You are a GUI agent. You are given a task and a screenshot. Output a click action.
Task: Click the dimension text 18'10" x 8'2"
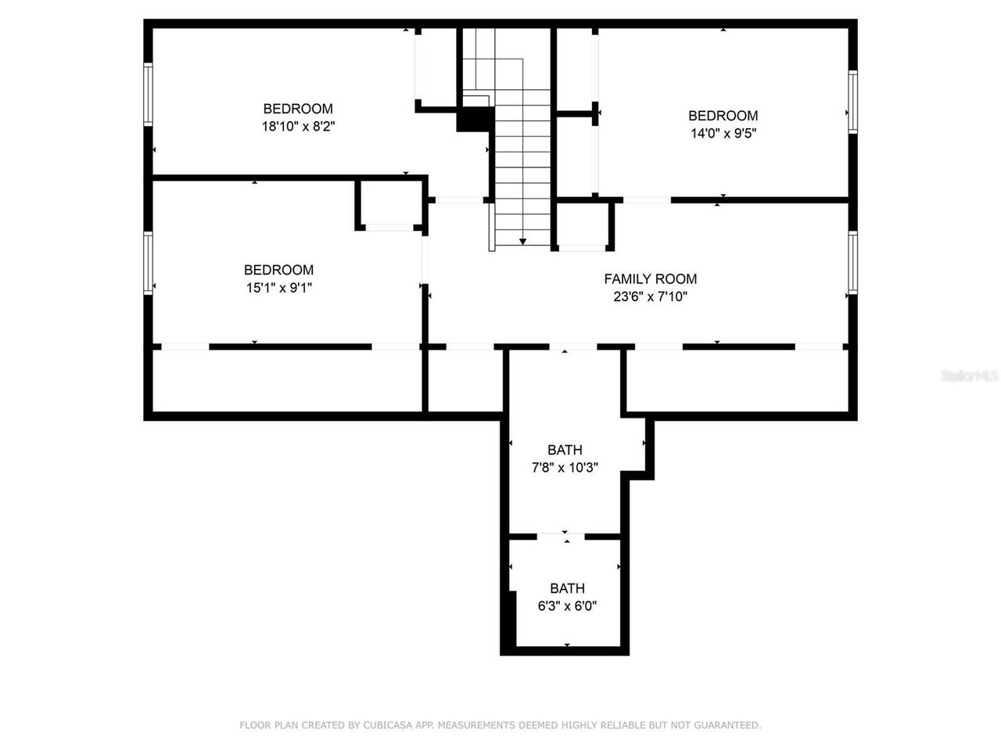[x=298, y=126]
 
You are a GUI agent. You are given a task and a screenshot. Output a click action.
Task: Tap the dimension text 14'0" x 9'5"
[x=723, y=133]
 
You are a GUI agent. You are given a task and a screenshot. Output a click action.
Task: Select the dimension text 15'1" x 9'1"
[x=278, y=287]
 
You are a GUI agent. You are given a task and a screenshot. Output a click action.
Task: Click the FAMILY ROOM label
[x=650, y=278]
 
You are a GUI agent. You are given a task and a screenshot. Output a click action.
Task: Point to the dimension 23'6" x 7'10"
[x=650, y=296]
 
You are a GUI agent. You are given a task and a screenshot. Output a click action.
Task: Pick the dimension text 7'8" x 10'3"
[x=565, y=467]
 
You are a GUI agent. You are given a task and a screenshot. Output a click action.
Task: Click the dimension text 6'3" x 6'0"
[x=567, y=605]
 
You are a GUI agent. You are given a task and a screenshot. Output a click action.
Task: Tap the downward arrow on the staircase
[x=523, y=241]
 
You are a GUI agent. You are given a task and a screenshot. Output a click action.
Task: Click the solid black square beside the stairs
[x=474, y=120]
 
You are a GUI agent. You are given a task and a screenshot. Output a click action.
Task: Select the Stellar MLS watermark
[x=969, y=376]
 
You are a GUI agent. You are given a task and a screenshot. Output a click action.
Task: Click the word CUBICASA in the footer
[x=389, y=725]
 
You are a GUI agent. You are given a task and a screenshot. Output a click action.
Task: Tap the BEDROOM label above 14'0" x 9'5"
[x=723, y=116]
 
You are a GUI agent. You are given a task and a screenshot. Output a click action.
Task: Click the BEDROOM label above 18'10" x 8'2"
[x=298, y=109]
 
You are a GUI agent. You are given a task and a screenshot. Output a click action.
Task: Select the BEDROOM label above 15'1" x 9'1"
[x=278, y=270]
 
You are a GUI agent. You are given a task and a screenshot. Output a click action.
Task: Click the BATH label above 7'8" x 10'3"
[x=565, y=450]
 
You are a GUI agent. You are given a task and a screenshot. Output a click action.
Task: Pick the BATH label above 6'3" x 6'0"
[x=567, y=588]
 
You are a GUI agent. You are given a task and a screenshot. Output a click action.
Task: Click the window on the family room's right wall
[x=852, y=263]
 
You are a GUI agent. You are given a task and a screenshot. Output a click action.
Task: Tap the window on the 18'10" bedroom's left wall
[x=148, y=94]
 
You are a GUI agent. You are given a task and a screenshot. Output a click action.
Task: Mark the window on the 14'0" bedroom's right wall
[x=852, y=102]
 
